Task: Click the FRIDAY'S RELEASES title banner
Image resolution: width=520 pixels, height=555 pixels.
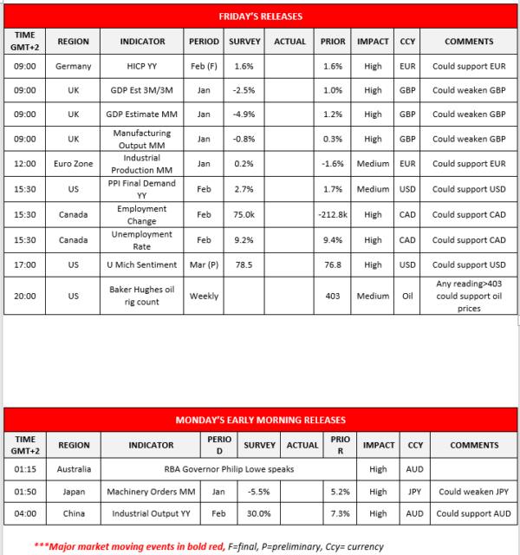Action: click(261, 16)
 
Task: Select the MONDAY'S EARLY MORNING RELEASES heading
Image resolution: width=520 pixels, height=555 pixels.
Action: click(261, 420)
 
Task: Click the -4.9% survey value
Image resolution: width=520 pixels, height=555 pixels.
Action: click(244, 114)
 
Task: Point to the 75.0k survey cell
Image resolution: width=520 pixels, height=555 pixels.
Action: click(244, 215)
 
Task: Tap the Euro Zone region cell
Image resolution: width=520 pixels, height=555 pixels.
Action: click(73, 165)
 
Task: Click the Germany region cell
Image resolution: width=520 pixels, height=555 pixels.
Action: click(73, 66)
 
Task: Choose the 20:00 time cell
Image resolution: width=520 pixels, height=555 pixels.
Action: click(25, 296)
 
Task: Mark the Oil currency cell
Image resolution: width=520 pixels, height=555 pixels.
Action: click(406, 296)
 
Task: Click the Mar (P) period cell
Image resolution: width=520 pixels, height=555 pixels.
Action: click(204, 264)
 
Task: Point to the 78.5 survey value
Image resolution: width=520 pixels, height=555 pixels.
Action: click(244, 264)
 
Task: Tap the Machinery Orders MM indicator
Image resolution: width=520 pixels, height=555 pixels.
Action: click(144, 491)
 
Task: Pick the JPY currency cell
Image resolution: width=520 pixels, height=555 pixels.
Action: click(414, 491)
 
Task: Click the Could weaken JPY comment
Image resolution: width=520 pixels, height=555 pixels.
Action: click(473, 491)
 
